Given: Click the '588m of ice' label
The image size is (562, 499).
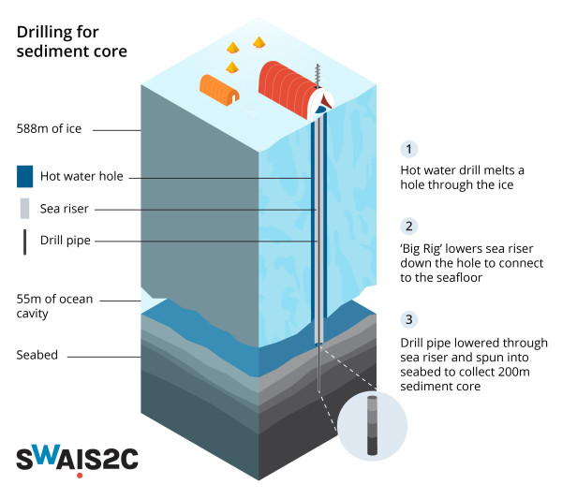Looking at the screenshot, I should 49,129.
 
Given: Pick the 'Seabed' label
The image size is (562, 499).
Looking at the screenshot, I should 37,356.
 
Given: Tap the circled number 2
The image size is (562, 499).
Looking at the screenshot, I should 408,227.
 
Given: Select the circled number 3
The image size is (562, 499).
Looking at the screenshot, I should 408,318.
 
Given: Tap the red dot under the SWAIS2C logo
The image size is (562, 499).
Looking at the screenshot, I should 81,476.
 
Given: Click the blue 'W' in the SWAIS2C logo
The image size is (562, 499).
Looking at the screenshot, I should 53,459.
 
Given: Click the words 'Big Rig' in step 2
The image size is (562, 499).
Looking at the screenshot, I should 423,250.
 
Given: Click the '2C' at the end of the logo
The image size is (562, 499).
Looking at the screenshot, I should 126,459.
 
